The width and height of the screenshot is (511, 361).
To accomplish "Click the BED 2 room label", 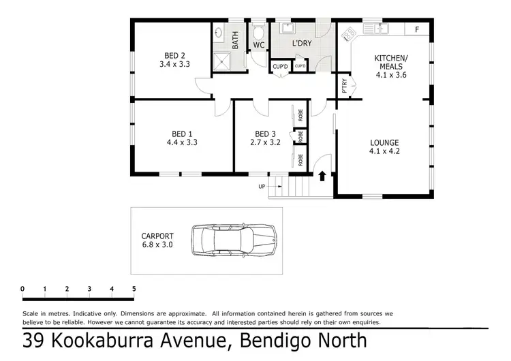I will [174, 55].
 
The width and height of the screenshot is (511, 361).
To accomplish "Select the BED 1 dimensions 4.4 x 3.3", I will [181, 143].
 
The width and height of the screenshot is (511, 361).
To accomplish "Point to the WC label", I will [258, 46].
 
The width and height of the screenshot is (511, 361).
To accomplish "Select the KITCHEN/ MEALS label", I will [390, 62].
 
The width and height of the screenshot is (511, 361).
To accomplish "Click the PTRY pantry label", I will [345, 87].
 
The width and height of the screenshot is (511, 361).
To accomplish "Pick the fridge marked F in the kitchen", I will [416, 29].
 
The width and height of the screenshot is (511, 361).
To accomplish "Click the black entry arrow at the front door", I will [322, 176].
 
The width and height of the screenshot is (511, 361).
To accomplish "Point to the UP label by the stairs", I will [261, 186].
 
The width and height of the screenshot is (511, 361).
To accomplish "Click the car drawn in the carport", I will [234, 240].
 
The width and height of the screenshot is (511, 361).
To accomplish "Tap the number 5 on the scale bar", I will [134, 289].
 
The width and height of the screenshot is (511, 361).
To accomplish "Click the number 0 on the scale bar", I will [22, 289].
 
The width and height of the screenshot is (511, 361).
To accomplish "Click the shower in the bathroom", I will [221, 62].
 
